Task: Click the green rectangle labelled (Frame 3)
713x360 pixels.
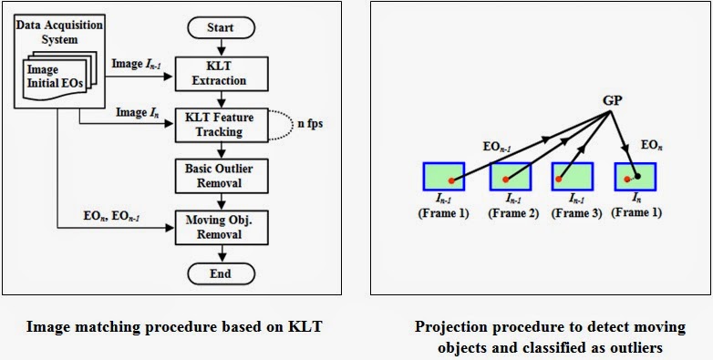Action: click(x=571, y=177)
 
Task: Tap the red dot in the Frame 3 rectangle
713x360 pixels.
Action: click(x=558, y=180)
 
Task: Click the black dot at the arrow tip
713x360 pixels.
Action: click(x=638, y=175)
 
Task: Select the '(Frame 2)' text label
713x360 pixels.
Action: click(x=513, y=212)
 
